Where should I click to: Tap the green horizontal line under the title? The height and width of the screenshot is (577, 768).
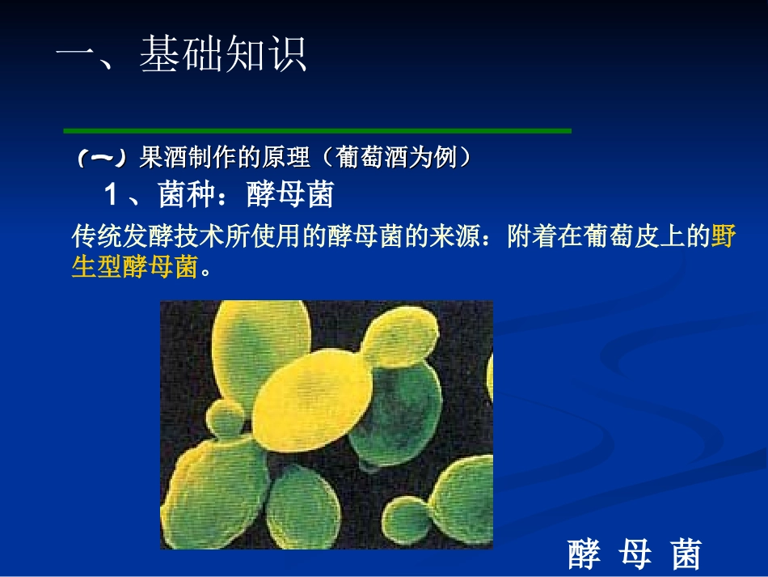tap(317, 130)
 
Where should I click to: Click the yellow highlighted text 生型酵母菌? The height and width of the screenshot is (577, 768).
tap(134, 268)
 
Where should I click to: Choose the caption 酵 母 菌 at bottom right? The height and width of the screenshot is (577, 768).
tap(634, 555)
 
